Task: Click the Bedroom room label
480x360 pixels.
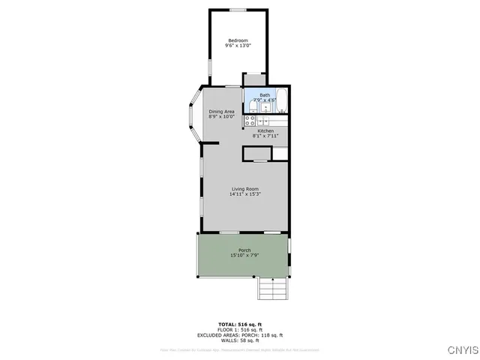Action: (238, 40)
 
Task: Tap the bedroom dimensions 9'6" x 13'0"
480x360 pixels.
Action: (238, 46)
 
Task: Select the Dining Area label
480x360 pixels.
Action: (221, 111)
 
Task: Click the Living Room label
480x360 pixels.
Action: (244, 188)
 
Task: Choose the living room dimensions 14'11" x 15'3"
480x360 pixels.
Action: (244, 194)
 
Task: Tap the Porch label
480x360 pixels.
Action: (244, 250)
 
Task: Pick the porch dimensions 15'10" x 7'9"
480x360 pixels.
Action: (244, 256)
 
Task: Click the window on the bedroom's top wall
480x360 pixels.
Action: (238, 9)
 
